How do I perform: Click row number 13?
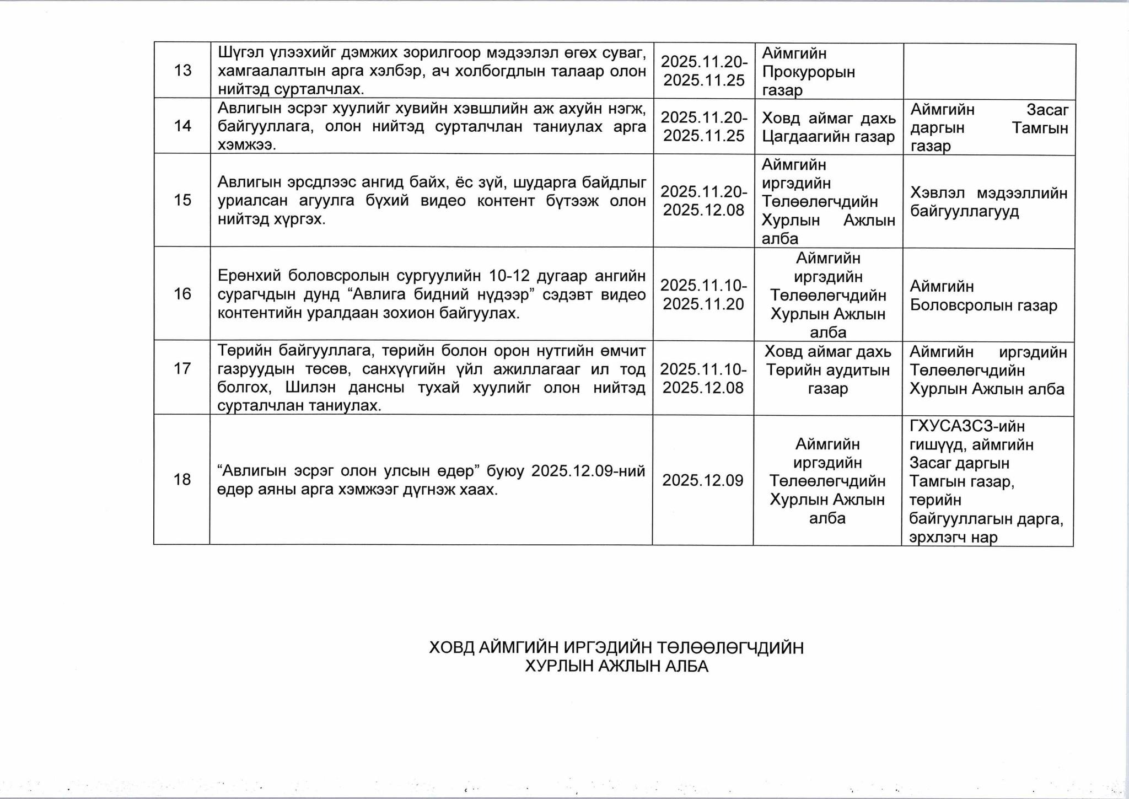pos(182,71)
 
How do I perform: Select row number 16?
pos(182,294)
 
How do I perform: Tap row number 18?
pos(182,480)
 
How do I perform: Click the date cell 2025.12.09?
pos(703,480)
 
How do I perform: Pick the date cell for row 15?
pos(703,201)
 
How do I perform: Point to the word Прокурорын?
pos(808,72)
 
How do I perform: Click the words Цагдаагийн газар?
pos(828,137)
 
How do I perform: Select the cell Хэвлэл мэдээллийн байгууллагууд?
pos(988,202)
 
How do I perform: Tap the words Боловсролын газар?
pos(983,305)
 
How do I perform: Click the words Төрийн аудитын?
pos(828,370)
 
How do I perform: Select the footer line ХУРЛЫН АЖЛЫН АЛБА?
pos(616,666)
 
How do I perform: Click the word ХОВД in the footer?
pos(451,647)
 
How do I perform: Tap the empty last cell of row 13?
pos(989,71)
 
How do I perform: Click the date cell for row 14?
pos(703,126)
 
